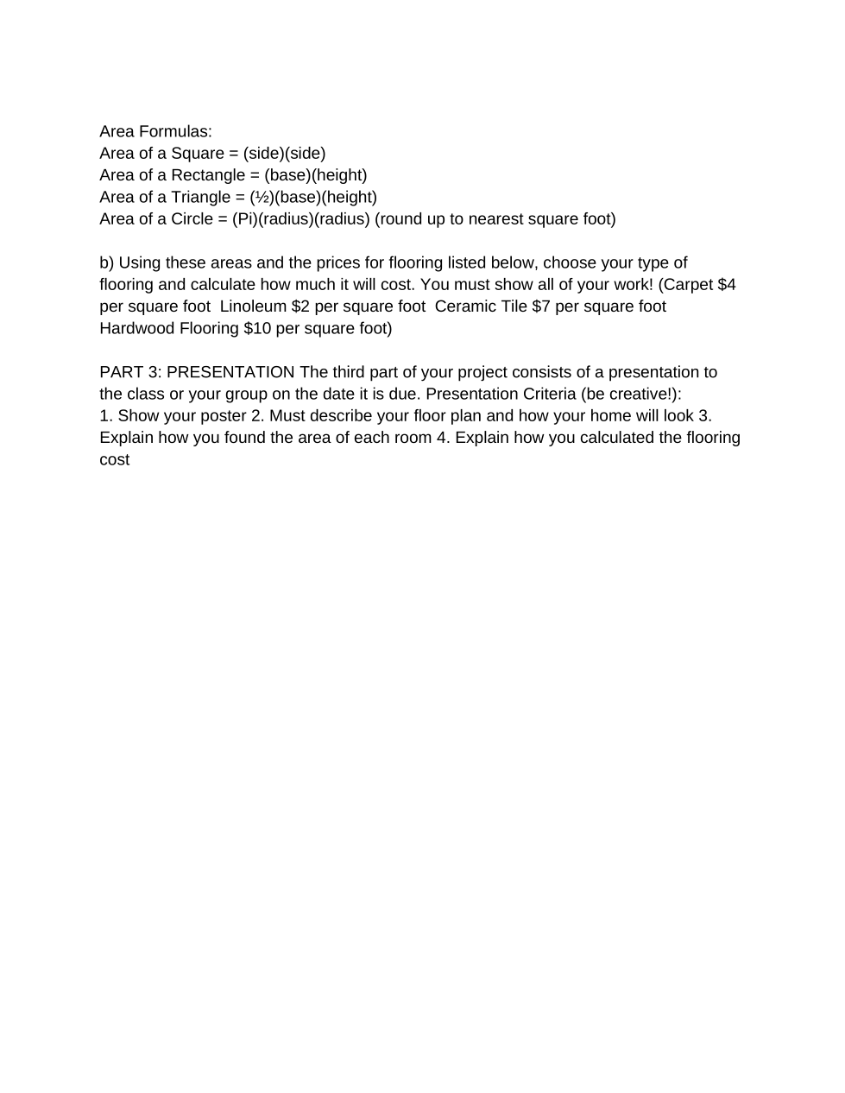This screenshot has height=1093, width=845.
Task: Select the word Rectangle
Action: [x=208, y=175]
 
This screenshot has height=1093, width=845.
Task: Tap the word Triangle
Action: [x=201, y=197]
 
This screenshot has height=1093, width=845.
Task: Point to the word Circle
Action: [x=192, y=219]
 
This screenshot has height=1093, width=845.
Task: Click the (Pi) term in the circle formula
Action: [x=245, y=219]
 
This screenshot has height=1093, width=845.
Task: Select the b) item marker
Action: [x=107, y=262]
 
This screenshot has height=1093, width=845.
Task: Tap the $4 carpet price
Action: [x=727, y=285]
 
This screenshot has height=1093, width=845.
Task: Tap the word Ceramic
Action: [x=467, y=306]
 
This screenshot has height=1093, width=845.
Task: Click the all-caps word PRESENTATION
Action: [x=230, y=372]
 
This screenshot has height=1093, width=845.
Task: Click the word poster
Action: [x=223, y=416]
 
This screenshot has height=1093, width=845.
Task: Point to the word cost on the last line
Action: [x=114, y=460]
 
